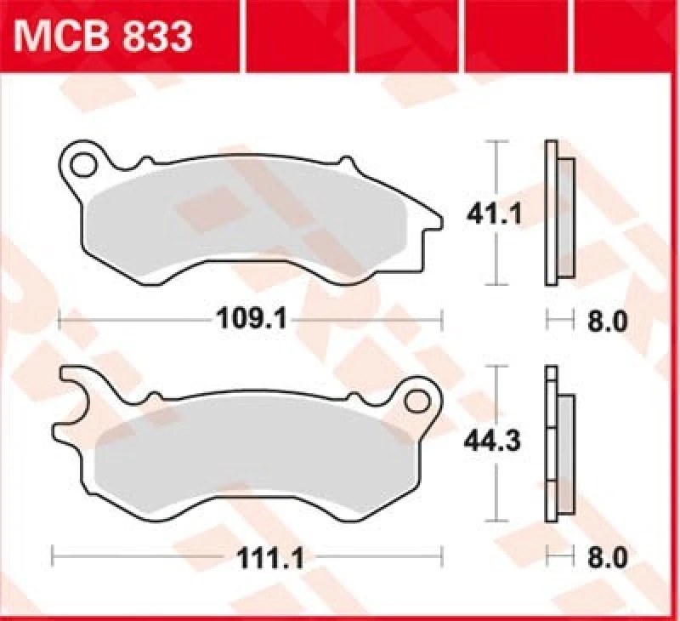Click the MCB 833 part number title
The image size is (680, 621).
coord(100,37)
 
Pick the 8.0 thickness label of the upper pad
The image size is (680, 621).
coord(608,322)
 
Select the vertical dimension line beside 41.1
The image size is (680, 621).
coord(497,170)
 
